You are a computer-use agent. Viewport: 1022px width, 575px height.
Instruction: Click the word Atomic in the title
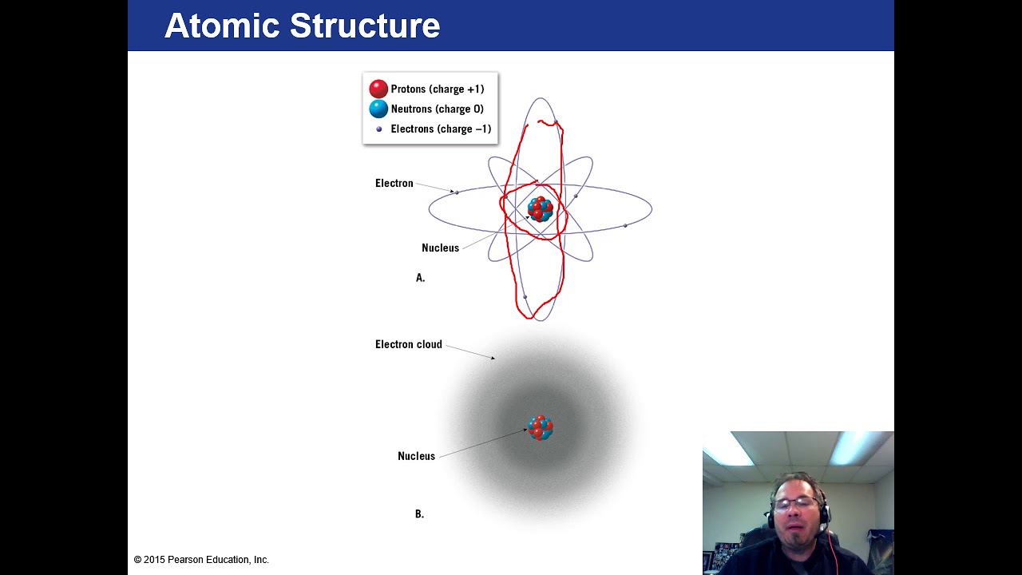(x=222, y=26)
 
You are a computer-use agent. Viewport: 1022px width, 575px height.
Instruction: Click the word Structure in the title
(x=364, y=26)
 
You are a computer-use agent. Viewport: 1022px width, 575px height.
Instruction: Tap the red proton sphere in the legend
(x=378, y=89)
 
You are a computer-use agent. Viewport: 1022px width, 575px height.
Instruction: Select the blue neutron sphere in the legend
(x=378, y=109)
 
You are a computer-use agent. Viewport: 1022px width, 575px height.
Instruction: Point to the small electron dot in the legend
(x=379, y=129)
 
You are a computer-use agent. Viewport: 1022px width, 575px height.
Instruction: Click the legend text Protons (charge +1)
(x=437, y=89)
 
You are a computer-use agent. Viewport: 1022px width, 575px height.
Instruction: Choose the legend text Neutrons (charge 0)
(x=437, y=109)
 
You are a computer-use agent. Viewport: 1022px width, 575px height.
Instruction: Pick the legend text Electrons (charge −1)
(x=441, y=129)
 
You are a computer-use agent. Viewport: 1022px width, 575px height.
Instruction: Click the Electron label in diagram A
(x=394, y=184)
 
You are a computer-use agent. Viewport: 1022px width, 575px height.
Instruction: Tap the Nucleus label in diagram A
(x=440, y=248)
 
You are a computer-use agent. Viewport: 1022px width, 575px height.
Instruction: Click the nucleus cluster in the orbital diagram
(x=541, y=209)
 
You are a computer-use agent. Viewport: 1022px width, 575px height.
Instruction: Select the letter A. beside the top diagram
(x=420, y=278)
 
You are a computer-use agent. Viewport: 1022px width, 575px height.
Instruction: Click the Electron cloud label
(x=408, y=345)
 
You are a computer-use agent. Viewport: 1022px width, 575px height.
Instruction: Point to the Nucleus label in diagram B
(x=416, y=457)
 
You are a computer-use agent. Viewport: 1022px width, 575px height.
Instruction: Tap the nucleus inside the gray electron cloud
(x=541, y=428)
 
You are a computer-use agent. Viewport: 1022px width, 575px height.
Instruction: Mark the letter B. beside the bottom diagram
(x=419, y=514)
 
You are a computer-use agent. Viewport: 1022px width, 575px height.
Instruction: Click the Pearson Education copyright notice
(x=201, y=560)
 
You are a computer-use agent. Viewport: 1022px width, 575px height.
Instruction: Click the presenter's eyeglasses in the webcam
(x=795, y=503)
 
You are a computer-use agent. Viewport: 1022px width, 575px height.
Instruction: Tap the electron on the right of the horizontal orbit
(x=625, y=226)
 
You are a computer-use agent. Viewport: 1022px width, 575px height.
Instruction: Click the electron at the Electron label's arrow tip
(x=457, y=192)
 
